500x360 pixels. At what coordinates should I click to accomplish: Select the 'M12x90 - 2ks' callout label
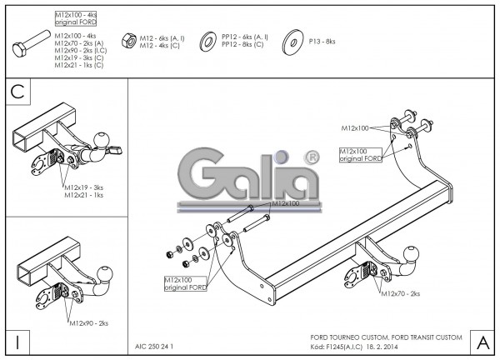89,321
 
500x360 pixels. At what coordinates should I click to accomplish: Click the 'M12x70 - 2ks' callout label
400,294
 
